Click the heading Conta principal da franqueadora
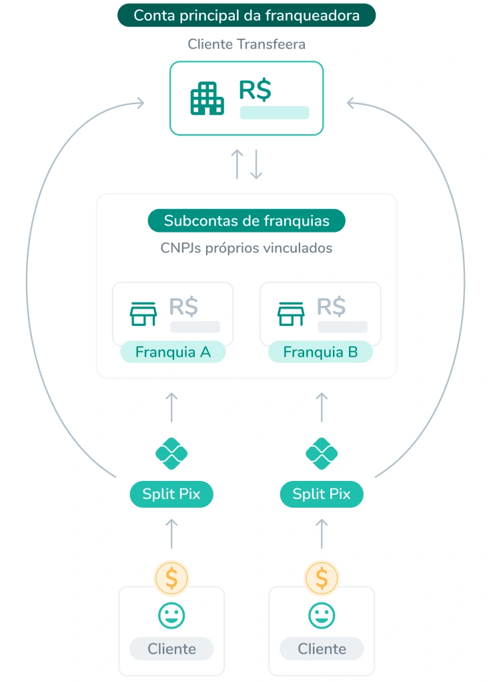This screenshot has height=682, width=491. coord(246,15)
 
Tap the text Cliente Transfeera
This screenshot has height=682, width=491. coord(246,45)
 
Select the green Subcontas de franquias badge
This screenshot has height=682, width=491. coord(246,220)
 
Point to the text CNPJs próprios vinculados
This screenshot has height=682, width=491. coord(246,248)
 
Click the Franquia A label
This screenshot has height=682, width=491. coord(173,352)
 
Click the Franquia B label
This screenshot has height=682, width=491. coord(320,352)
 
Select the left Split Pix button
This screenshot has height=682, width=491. coord(171,494)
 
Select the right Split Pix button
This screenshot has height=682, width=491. coord(322,494)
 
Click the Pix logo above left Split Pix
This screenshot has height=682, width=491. coord(171,454)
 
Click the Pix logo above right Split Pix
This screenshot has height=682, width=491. coord(322,454)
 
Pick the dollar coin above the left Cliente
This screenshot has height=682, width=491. coord(171,578)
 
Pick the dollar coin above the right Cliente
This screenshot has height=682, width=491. coord(322,578)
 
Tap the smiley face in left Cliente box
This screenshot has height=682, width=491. coord(171,615)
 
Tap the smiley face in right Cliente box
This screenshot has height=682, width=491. coord(322,615)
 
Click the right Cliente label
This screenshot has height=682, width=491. coord(322,649)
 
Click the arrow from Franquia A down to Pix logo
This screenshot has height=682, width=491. coord(171,407)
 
